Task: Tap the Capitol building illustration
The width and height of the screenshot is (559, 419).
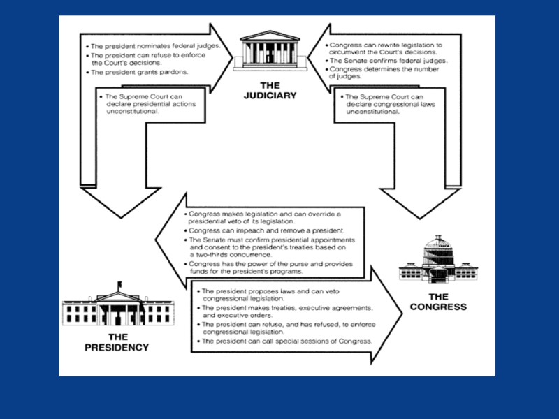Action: click(x=437, y=265)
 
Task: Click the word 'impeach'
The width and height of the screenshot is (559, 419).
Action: click(x=241, y=230)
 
